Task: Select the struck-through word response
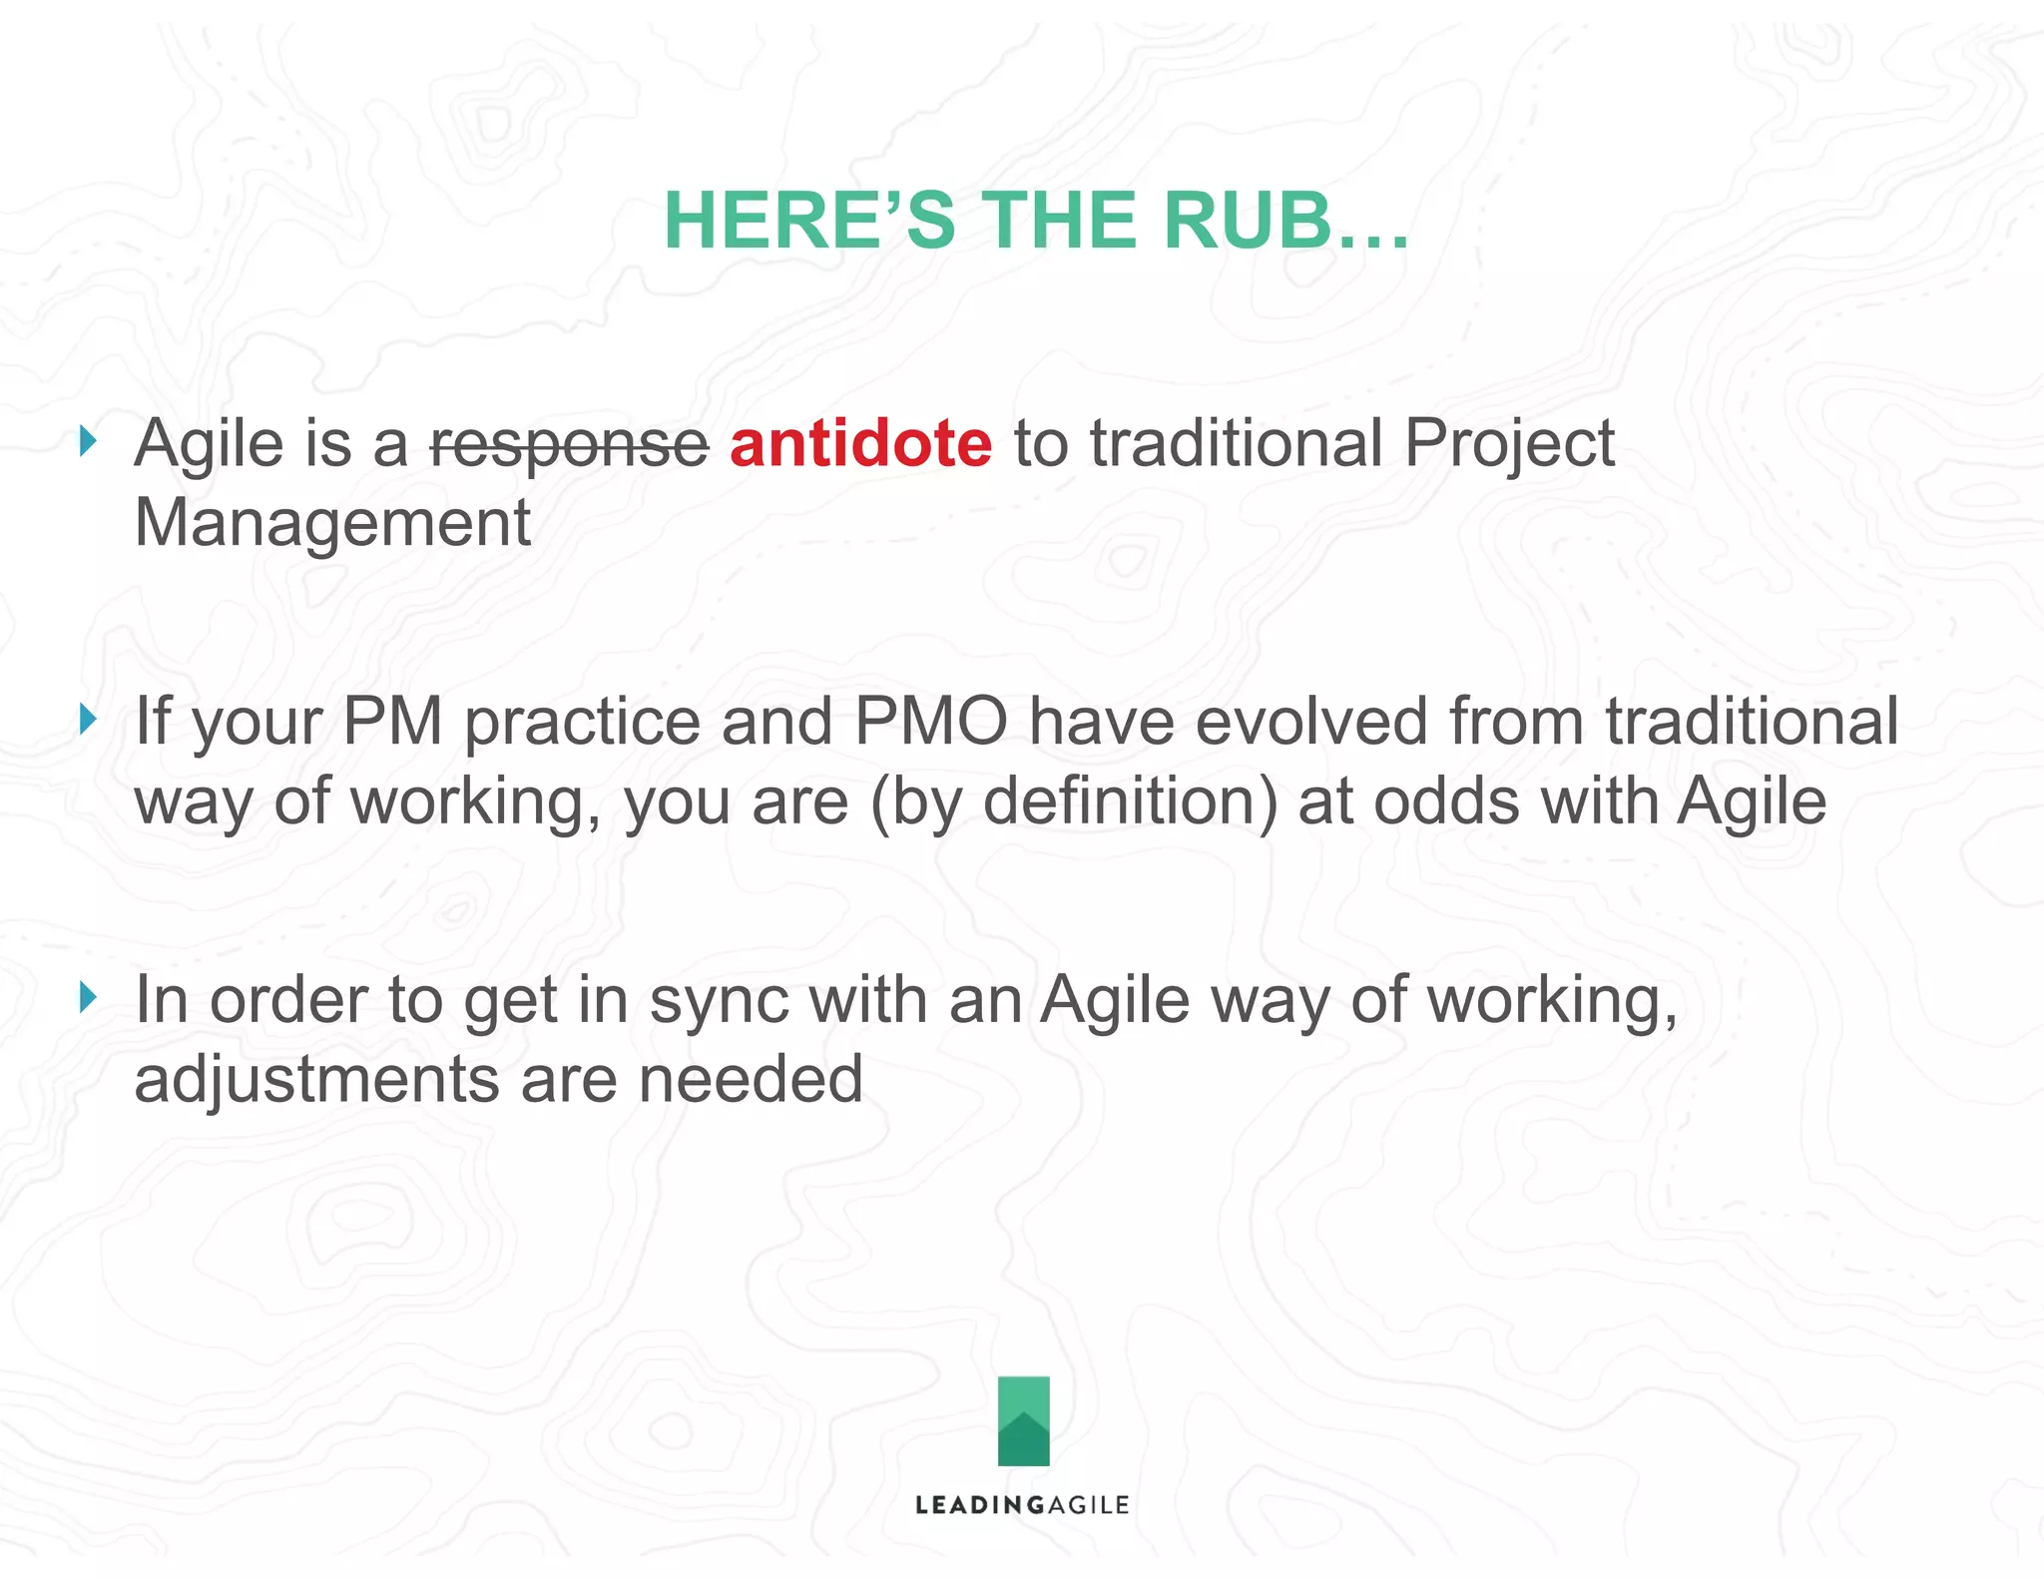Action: (569, 444)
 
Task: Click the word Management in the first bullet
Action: (332, 523)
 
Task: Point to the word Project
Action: (1509, 445)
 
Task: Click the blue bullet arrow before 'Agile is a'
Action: (89, 440)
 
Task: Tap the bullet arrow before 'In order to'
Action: (89, 996)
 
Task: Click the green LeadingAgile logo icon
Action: (1023, 1420)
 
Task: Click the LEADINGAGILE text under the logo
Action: (1022, 1505)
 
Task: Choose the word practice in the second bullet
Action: (583, 723)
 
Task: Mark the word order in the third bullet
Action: (288, 1000)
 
